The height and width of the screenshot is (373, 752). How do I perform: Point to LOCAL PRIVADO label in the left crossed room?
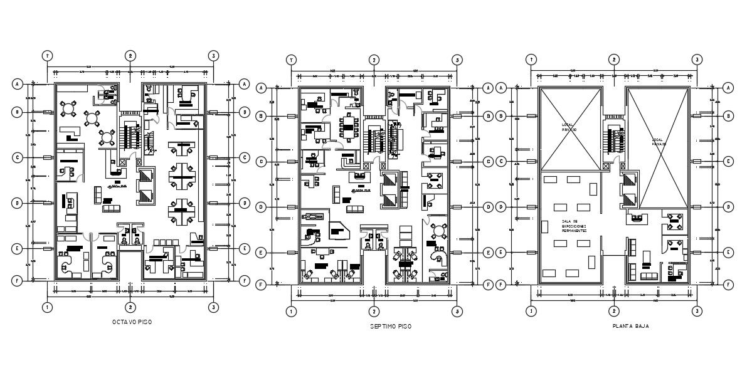coord(569,127)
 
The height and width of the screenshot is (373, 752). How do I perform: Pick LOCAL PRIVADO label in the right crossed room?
coord(658,142)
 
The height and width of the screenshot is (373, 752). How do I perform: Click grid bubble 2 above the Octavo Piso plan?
coord(130,56)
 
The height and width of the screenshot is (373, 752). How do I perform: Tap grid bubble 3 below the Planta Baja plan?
coord(696,310)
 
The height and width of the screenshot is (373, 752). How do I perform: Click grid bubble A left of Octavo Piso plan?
coord(18,83)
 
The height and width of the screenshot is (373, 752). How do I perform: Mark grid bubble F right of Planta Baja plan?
coord(728,285)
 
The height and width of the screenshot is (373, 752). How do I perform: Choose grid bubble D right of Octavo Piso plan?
coord(244,203)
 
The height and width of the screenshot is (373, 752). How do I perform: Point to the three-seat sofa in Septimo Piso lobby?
coord(354,209)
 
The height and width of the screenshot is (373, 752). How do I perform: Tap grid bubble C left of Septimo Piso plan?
coord(260,162)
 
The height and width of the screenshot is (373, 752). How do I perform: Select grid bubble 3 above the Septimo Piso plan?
coord(457,60)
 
